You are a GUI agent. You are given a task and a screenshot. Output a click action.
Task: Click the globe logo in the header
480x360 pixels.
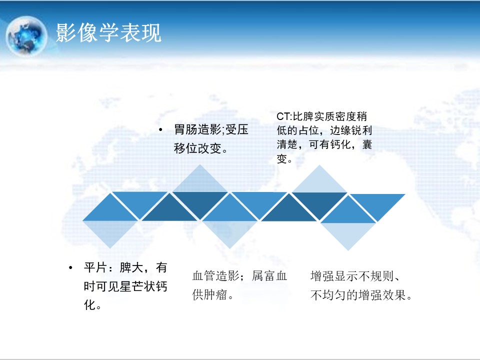26,36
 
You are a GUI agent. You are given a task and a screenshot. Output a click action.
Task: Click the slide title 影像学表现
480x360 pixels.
108,33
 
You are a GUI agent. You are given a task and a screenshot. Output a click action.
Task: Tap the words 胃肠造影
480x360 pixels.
198,129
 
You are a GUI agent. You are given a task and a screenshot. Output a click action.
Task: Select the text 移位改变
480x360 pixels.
198,148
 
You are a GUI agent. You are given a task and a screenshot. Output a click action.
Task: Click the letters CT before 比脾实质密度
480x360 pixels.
283,116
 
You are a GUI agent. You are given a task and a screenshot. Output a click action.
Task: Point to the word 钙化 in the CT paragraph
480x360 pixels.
340,144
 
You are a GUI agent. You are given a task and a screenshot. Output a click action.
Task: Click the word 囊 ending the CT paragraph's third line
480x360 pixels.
367,144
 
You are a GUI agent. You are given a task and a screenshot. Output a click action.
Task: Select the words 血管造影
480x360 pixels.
216,276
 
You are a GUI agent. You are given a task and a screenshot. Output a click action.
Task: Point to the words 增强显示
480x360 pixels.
334,276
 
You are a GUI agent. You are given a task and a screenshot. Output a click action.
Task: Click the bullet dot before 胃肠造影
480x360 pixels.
161,130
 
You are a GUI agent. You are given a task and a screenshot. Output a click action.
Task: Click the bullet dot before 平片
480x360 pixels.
70,268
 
